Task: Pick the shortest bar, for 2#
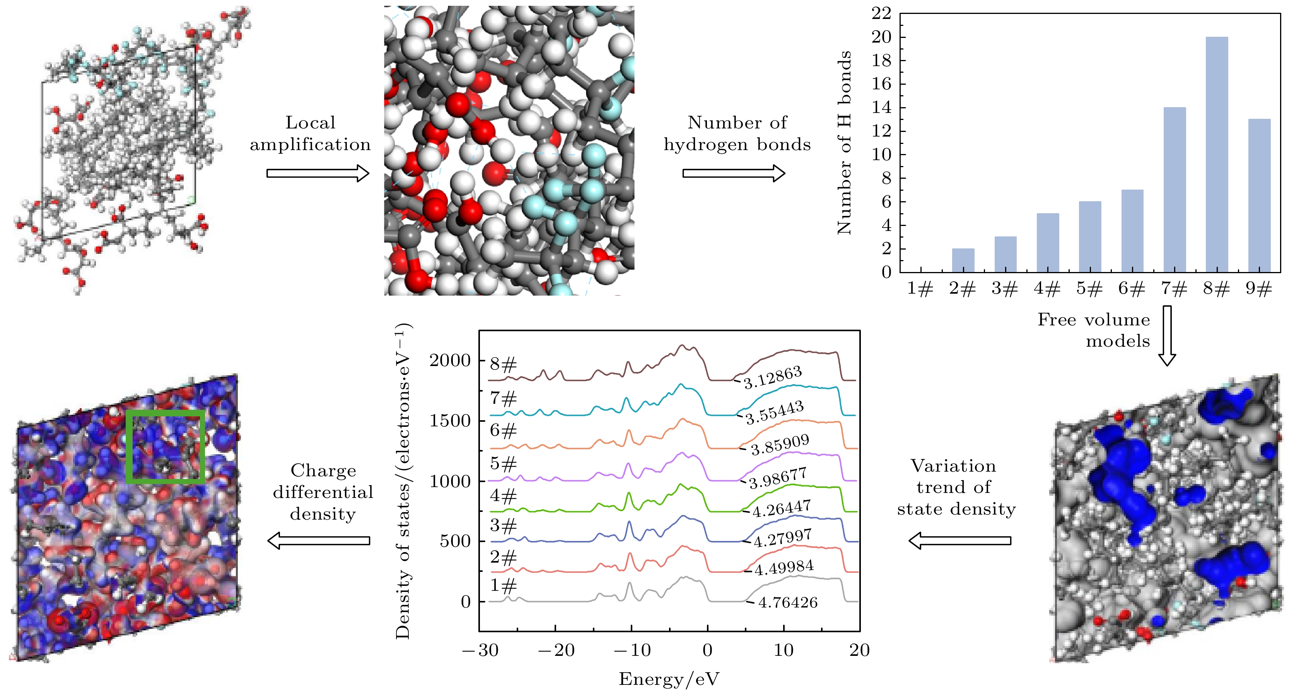[x=963, y=260]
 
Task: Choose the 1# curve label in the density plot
[x=503, y=585]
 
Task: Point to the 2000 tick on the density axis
[x=450, y=360]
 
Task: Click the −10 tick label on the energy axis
[x=632, y=650]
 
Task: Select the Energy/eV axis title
[x=669, y=679]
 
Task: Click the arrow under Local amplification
[x=318, y=173]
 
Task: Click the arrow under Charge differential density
[x=319, y=541]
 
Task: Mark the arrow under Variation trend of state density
[x=959, y=541]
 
